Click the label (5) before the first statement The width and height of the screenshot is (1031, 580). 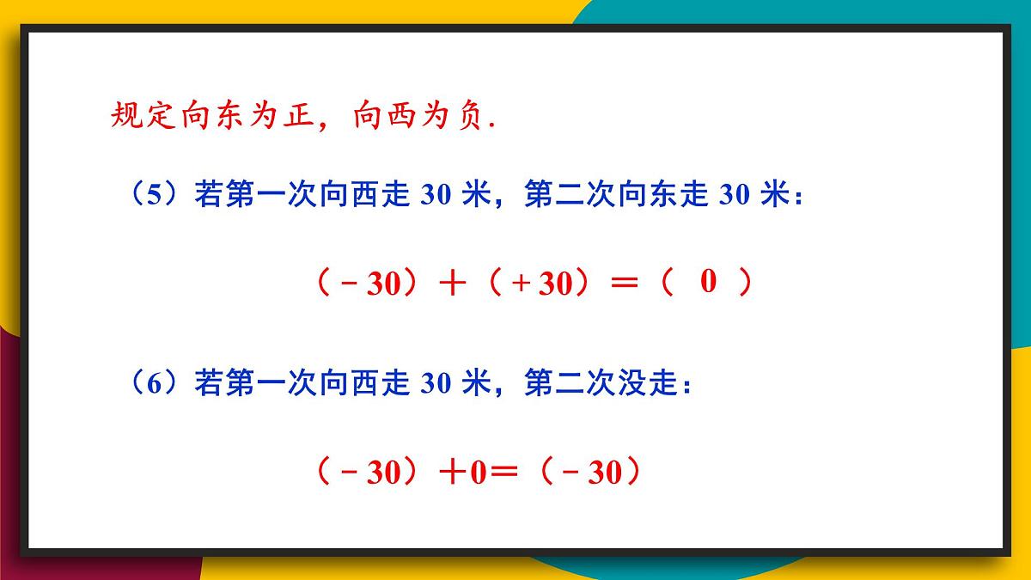pyautogui.click(x=154, y=197)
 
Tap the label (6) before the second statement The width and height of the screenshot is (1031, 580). pyautogui.click(x=154, y=384)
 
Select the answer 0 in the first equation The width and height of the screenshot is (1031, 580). pyautogui.click(x=708, y=281)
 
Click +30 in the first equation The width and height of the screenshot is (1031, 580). pyautogui.click(x=541, y=284)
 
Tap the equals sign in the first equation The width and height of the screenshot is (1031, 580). pyautogui.click(x=625, y=284)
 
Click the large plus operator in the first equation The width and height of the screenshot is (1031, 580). pyautogui.click(x=451, y=284)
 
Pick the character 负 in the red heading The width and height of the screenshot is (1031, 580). pyautogui.click(x=466, y=116)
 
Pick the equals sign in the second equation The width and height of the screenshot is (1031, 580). pyautogui.click(x=506, y=473)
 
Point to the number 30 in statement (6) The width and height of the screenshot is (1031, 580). pyautogui.click(x=436, y=384)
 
